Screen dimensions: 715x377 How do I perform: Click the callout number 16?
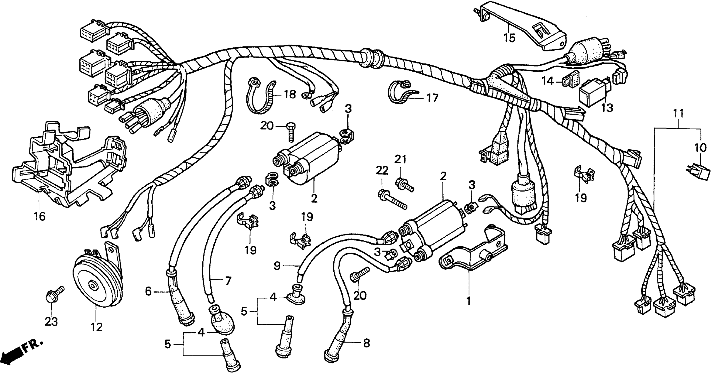point(40,216)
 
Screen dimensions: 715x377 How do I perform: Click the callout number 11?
point(678,114)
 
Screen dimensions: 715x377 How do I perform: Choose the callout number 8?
point(366,344)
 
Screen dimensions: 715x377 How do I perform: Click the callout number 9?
point(277,266)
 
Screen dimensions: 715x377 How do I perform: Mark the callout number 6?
point(149,291)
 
